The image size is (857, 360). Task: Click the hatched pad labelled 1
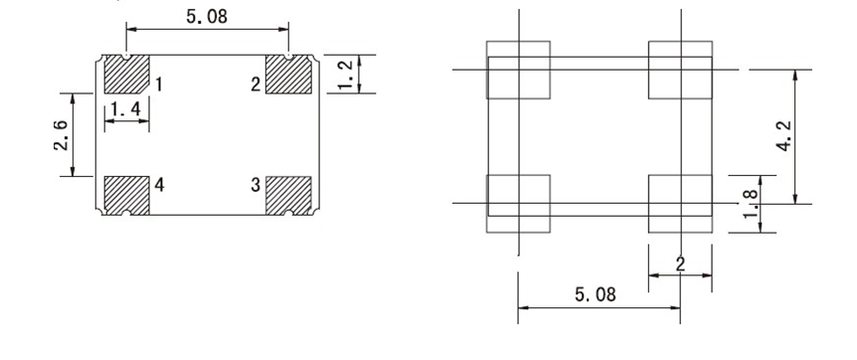click(x=126, y=74)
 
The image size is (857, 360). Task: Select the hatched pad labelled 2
click(x=288, y=74)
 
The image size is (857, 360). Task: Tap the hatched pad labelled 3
click(x=288, y=195)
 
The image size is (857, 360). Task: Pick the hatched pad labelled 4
click(x=126, y=195)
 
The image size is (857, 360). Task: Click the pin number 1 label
click(x=158, y=85)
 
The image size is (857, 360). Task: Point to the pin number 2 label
click(x=256, y=85)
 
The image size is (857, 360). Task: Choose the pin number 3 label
click(x=256, y=185)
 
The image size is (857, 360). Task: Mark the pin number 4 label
click(x=159, y=185)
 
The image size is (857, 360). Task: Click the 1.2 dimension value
click(x=346, y=74)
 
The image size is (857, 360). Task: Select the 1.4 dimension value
click(x=125, y=110)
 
